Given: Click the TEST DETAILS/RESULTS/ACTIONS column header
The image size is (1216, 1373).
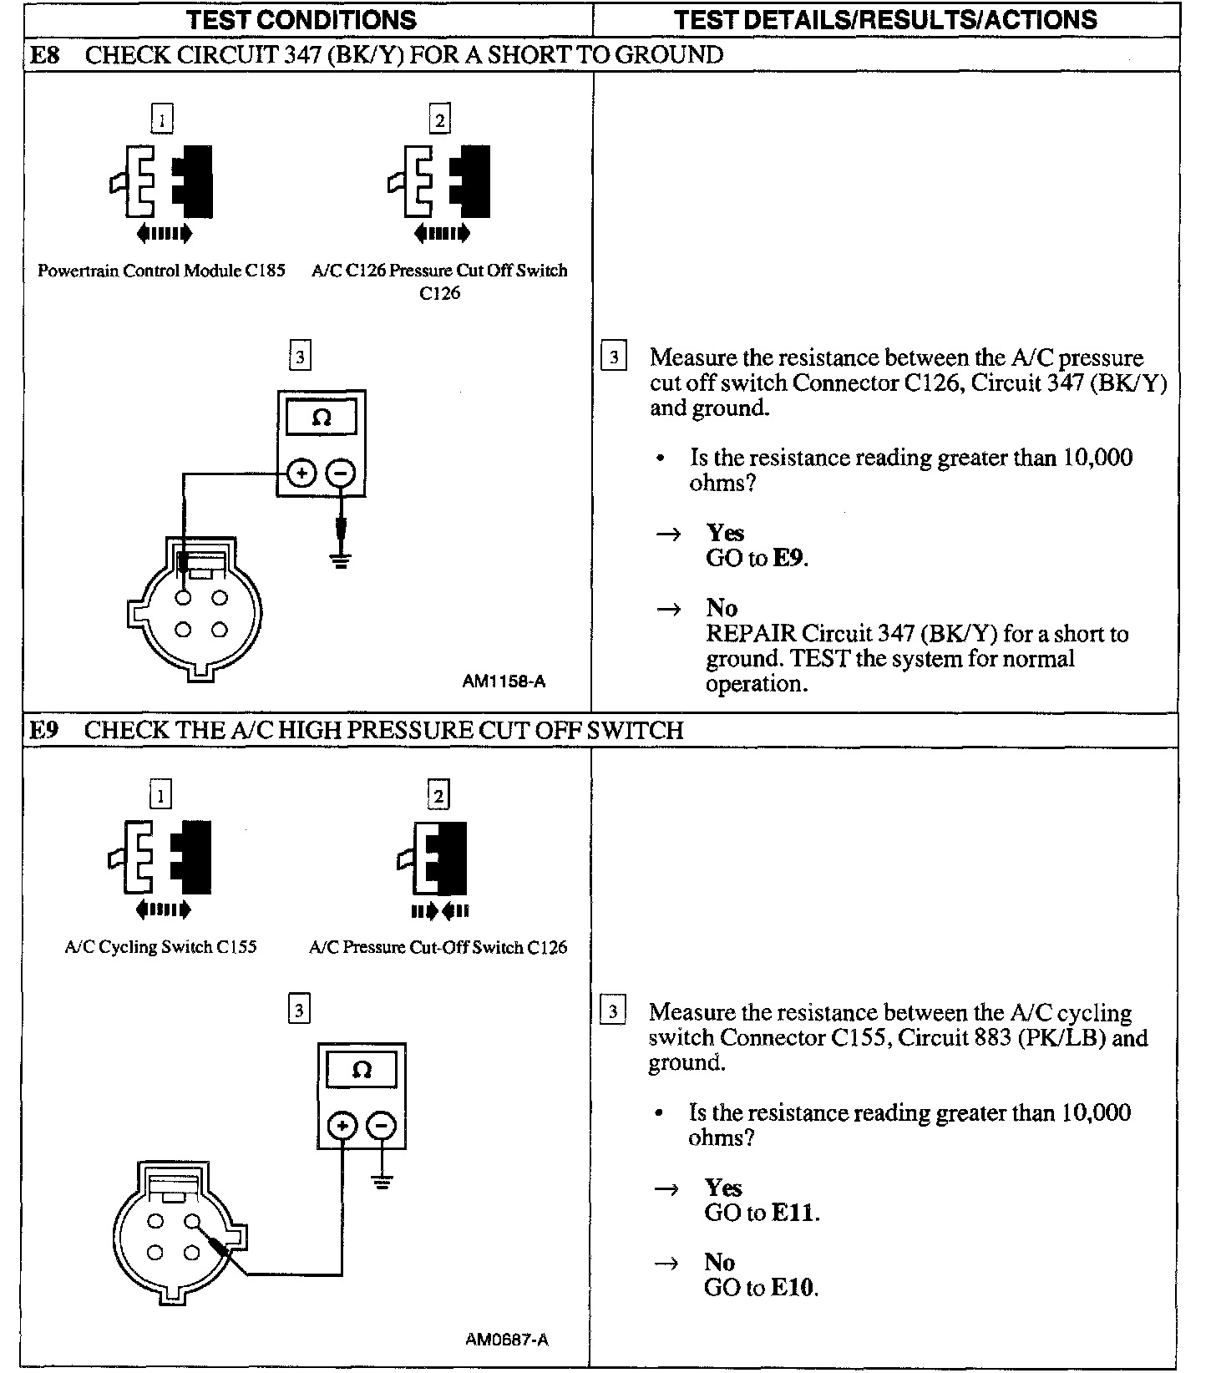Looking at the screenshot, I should coord(885,19).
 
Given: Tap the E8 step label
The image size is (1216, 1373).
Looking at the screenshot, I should coord(43,55).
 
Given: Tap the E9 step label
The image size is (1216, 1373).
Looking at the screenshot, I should coord(43,730).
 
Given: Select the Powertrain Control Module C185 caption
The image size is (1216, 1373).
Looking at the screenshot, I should coord(161,271).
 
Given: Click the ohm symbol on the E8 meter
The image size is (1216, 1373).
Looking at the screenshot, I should coord(322,418).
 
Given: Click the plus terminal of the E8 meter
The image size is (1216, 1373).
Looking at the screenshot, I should coord(301,474).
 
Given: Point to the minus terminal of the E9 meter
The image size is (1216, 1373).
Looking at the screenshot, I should coord(381,1127).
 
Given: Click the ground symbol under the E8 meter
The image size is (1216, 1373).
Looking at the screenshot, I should coord(340,559).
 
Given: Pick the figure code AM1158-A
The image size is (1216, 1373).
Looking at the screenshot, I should coord(504,681).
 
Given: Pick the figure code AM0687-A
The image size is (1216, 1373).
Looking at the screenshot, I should coord(507,1340).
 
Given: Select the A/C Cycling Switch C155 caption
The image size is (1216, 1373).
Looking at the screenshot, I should coord(160,947).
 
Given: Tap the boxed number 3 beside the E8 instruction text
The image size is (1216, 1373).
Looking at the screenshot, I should coord(614,357).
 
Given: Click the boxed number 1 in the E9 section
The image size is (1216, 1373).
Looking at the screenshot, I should coord(160,794).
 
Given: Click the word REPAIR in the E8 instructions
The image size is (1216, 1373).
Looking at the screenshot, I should coord(750,634).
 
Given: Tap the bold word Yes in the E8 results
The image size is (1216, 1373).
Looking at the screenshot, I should coord(725,533).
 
